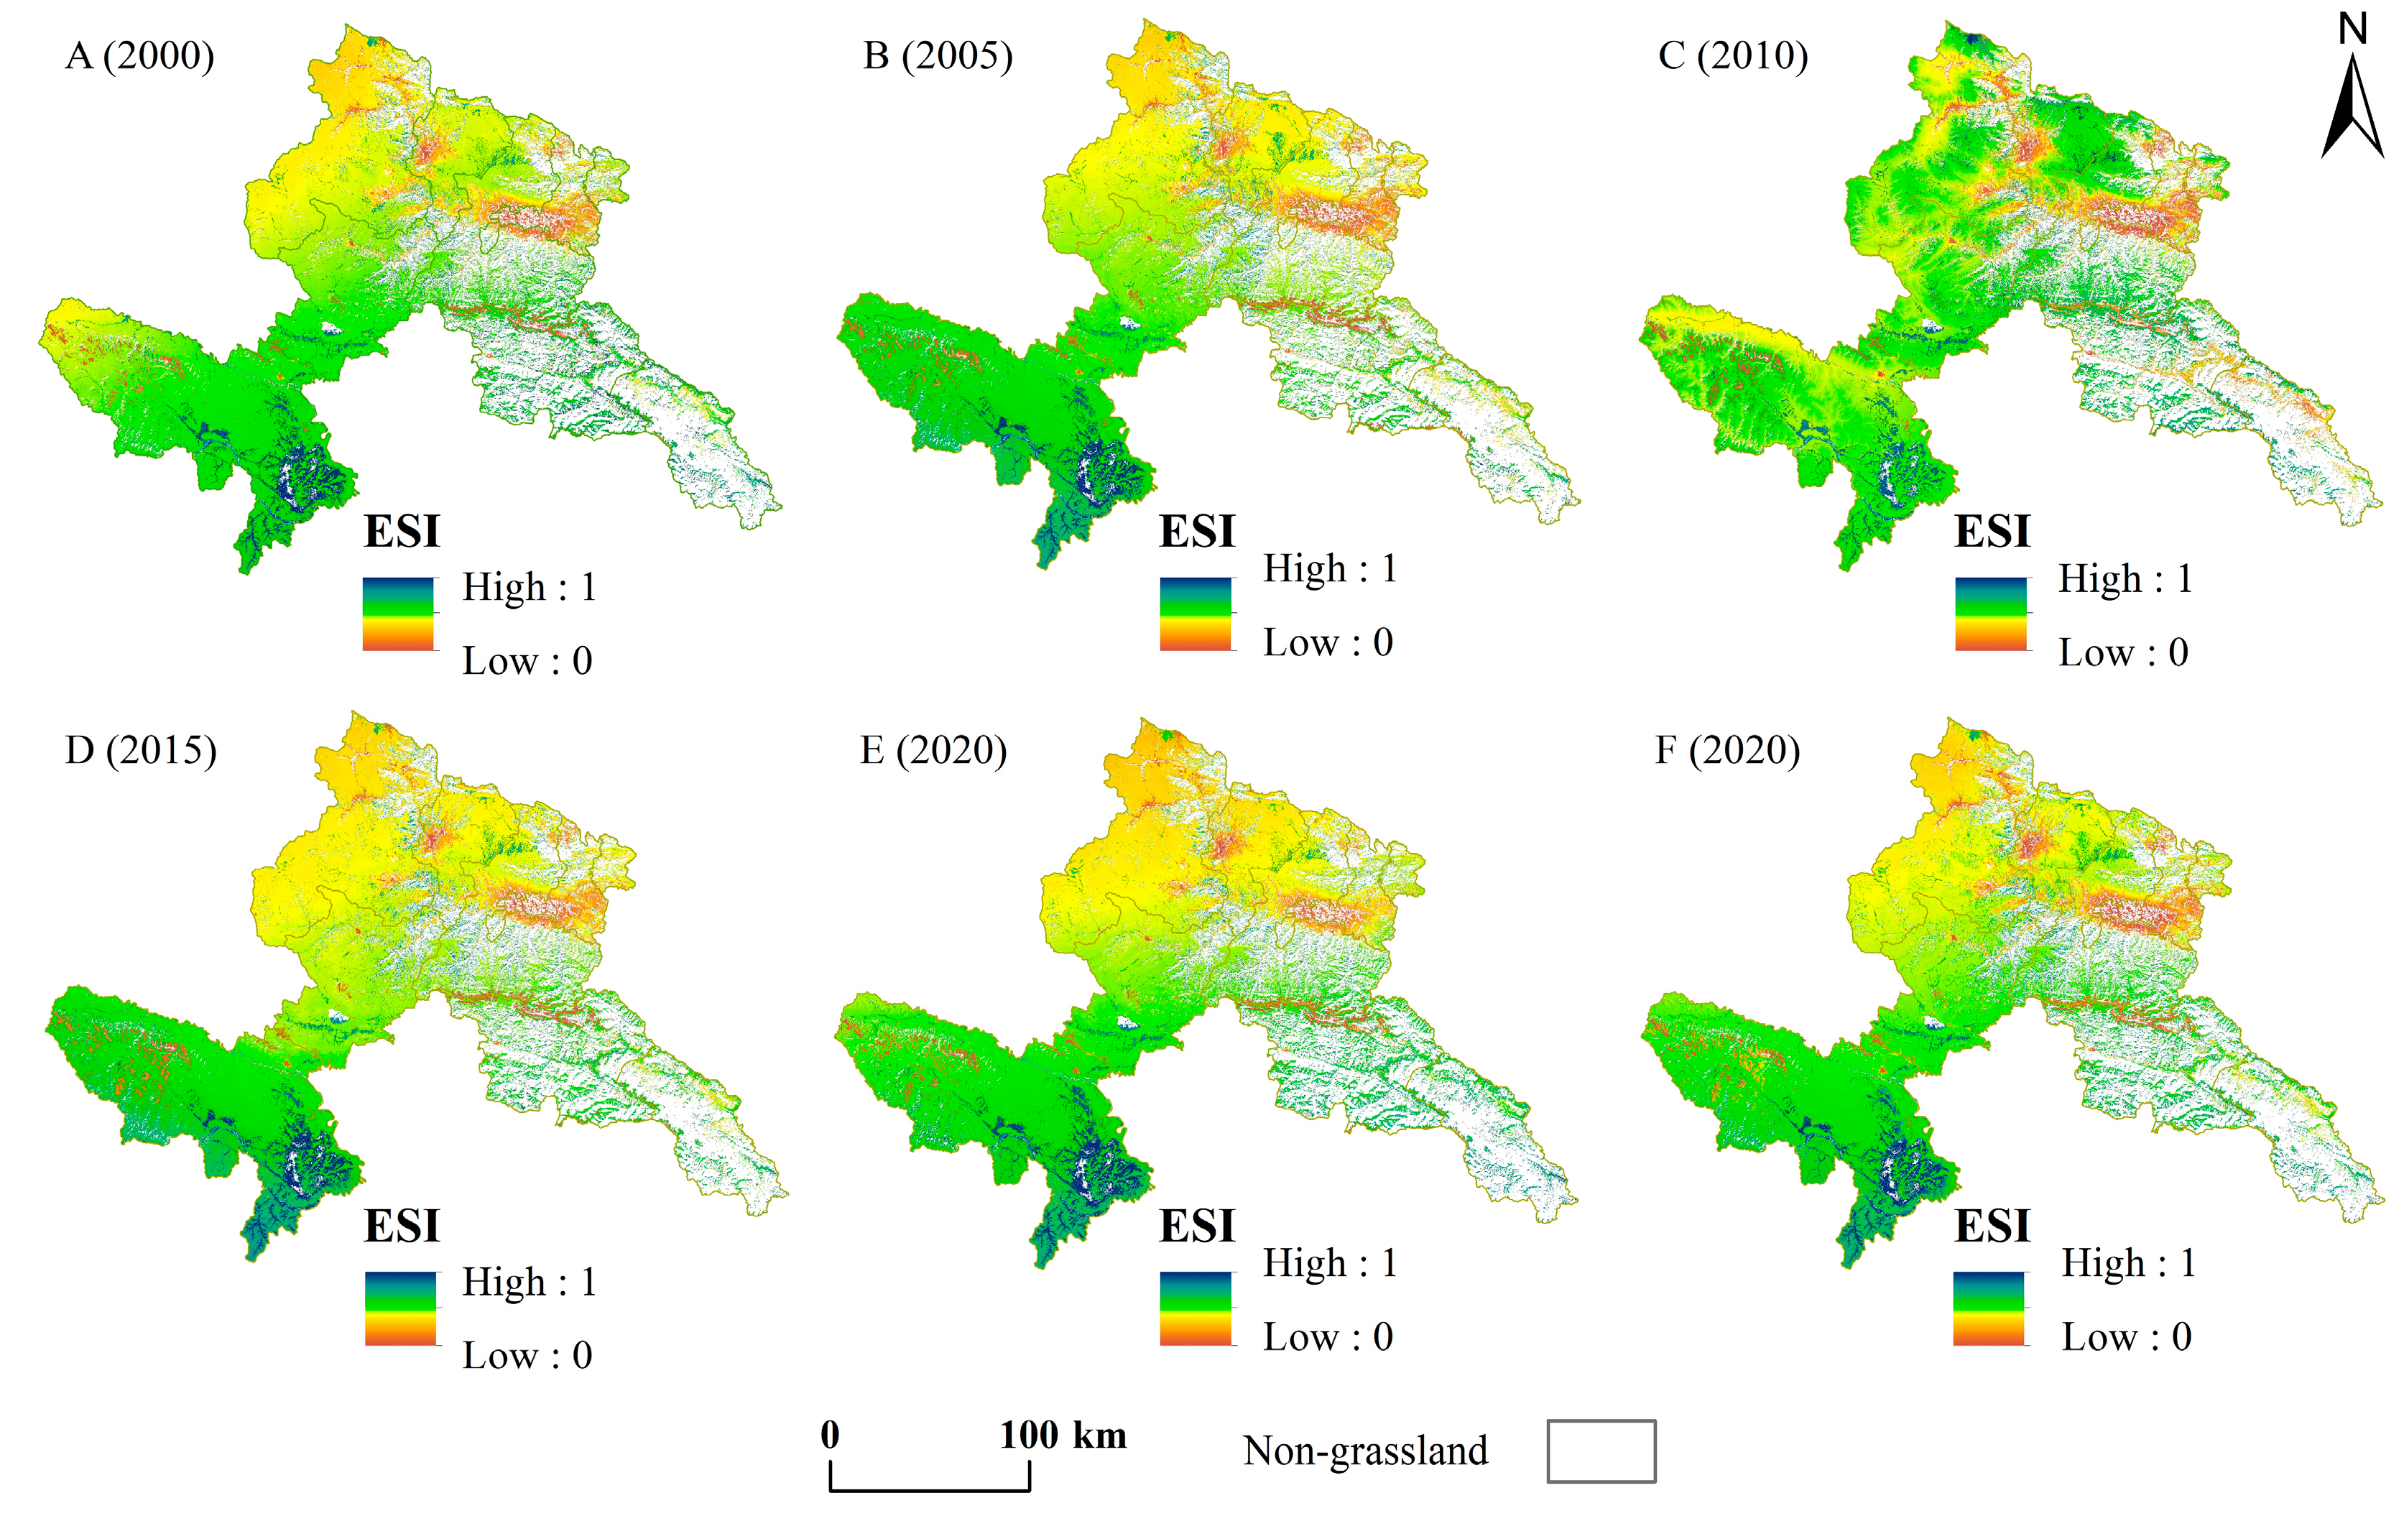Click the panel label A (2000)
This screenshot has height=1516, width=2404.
pos(140,56)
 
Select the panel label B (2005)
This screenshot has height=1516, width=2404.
pos(938,56)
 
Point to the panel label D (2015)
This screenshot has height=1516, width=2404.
pos(141,750)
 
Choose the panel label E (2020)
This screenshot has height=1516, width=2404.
pos(933,750)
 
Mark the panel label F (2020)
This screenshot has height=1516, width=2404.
pos(1728,750)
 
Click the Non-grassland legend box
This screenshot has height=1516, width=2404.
pos(1601,1451)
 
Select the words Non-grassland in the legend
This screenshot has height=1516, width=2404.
pos(1364,1451)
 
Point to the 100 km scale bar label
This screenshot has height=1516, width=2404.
pos(1063,1435)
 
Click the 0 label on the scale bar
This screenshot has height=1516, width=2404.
pos(830,1435)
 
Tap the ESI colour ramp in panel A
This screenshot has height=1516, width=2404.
pos(398,614)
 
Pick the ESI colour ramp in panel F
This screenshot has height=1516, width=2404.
pos(1989,1309)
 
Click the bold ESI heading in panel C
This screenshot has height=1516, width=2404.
pos(1992,531)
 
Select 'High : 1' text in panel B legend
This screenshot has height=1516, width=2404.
pos(1330,568)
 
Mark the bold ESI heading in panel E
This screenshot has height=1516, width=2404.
pos(1197,1226)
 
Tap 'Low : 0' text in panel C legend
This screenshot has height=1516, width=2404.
pos(2124,653)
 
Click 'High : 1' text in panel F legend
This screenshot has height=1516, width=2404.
pos(2128,1263)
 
